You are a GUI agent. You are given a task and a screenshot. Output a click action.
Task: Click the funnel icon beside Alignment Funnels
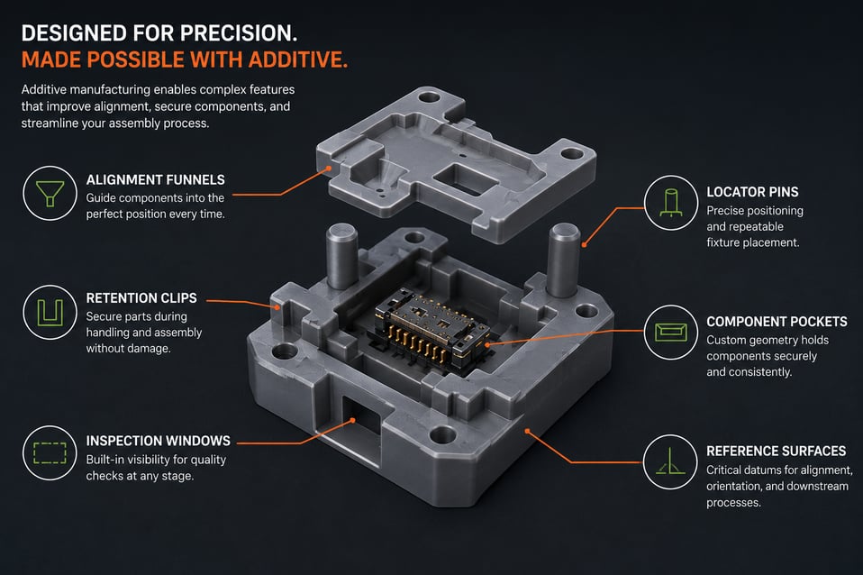tap(50, 193)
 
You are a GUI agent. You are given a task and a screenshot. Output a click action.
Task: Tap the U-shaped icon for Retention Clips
tap(50, 312)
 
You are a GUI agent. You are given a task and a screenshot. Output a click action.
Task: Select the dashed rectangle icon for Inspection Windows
tap(50, 452)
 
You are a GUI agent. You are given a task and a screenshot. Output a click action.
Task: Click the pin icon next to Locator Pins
tap(671, 203)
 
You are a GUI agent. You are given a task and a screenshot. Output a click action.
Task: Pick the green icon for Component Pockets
tap(671, 332)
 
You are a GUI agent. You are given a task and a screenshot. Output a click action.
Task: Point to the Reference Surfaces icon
tap(670, 461)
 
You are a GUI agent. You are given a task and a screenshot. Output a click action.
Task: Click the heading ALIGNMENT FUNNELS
tap(155, 180)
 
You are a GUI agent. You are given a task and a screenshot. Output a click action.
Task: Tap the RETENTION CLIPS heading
tap(141, 298)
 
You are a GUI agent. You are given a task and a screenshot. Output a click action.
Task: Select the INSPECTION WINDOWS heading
tap(158, 441)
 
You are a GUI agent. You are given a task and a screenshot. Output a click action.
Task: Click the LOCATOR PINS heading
tap(752, 192)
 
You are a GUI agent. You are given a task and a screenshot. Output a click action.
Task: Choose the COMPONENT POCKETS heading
tap(777, 322)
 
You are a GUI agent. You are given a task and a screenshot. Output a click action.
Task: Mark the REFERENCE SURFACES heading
tap(776, 451)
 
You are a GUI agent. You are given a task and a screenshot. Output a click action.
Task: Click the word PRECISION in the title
tap(239, 33)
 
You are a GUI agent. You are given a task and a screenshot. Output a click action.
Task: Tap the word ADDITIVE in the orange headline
tap(298, 59)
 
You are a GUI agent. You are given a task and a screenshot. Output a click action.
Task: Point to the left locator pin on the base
tap(341, 256)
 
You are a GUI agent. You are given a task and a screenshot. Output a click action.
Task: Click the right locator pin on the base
tap(564, 260)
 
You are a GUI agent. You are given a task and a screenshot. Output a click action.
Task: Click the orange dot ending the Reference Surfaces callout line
tap(527, 431)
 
